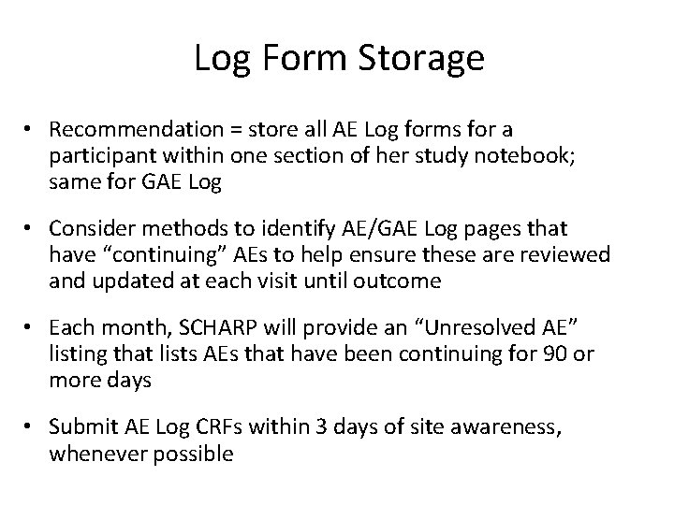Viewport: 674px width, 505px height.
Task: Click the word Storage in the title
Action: pos(427,59)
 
